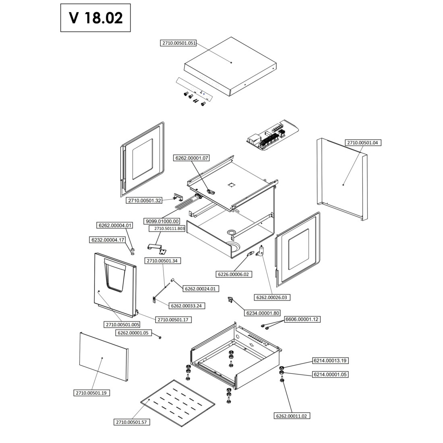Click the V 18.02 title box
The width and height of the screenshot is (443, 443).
coord(95,18)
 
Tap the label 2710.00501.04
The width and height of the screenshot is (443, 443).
coord(364,143)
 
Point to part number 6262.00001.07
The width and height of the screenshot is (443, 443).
coord(191,158)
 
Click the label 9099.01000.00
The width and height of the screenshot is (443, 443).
coord(162,221)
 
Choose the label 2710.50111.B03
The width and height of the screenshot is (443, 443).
coord(167,229)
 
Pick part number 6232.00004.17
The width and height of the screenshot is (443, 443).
coord(108,240)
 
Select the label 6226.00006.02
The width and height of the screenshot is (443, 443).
coord(234,274)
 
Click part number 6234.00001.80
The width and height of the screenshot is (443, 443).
coord(263,313)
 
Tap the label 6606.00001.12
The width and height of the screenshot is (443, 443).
coord(302,319)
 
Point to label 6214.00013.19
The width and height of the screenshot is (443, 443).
coord(330,360)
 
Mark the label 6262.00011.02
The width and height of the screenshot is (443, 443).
coord(292,416)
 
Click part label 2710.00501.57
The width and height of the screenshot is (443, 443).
coord(132,422)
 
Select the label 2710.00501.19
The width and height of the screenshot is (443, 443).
coord(93,393)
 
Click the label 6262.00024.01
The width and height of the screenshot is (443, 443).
coord(201,288)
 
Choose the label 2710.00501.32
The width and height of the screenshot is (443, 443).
coord(145,200)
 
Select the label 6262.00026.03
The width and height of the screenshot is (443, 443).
coord(273,298)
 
